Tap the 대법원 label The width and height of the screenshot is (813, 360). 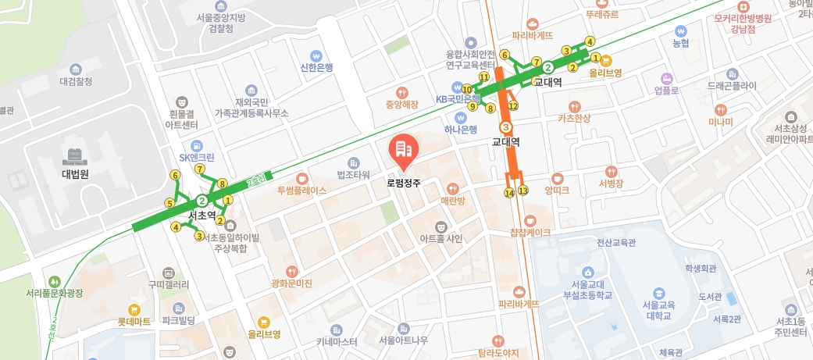pyautogui.click(x=75, y=173)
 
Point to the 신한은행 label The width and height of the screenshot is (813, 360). pyautogui.click(x=316, y=67)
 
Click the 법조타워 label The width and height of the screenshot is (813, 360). pyautogui.click(x=353, y=173)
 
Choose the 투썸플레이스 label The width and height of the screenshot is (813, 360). pyautogui.click(x=301, y=190)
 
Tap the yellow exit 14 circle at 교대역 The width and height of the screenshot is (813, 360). pyautogui.click(x=509, y=192)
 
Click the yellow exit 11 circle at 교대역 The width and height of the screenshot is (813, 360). pyautogui.click(x=484, y=77)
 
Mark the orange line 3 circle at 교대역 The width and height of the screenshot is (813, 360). pyautogui.click(x=506, y=127)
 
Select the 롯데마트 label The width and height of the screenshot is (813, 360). pyautogui.click(x=134, y=321)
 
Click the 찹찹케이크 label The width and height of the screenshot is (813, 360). pyautogui.click(x=530, y=232)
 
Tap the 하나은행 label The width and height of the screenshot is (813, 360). pyautogui.click(x=460, y=129)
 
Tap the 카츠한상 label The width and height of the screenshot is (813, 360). pyautogui.click(x=574, y=118)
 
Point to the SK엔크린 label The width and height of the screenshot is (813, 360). pyautogui.click(x=196, y=156)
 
